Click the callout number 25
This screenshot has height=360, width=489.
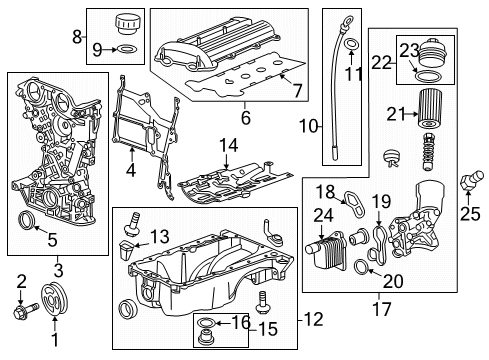[470, 214]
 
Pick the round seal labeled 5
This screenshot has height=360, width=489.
[26, 220]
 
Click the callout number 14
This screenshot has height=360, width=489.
[229, 146]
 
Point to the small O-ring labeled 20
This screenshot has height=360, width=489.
[362, 266]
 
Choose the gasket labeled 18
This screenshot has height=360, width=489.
[354, 203]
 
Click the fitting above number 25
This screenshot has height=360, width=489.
[471, 180]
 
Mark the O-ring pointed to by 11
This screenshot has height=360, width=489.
[351, 44]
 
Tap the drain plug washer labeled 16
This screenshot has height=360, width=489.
[206, 323]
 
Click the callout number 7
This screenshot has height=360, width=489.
[297, 90]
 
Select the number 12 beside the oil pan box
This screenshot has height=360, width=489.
[313, 319]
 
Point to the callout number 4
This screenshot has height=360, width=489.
[131, 170]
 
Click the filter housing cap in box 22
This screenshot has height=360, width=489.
[429, 54]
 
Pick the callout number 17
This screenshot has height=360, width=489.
[382, 308]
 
